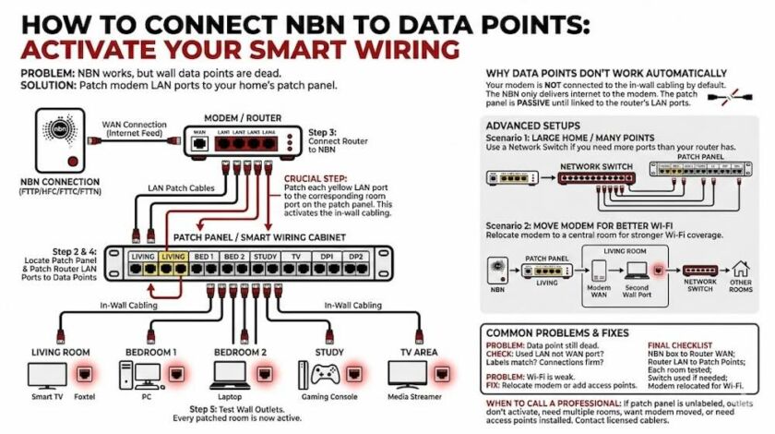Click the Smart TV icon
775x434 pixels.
(48, 374)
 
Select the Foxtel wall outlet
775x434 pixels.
(86, 375)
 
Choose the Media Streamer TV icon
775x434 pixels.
(409, 374)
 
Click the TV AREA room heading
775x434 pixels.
(420, 352)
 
